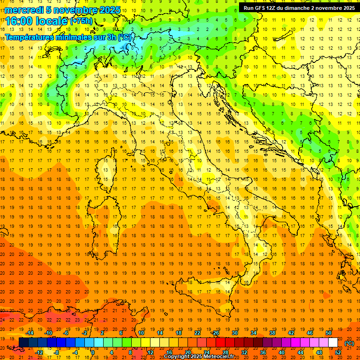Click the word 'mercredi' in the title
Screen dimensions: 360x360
coord(23,10)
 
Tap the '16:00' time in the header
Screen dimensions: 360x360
coord(19,21)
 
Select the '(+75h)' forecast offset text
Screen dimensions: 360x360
coord(81,21)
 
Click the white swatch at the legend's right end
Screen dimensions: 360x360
coord(333,343)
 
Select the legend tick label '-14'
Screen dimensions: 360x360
coord(30,333)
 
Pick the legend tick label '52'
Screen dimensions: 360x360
coord(338,352)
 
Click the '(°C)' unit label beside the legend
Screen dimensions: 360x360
coord(349,343)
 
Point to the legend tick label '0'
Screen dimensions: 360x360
coord(92,352)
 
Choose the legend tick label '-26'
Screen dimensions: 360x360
coord(215,333)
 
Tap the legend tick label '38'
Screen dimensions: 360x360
coord(272,333)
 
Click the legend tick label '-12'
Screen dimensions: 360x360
coord(39,352)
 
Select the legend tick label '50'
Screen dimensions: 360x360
coord(329,333)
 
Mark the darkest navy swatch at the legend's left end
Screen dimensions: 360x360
coord(23,343)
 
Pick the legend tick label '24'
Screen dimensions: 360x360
coord(206,352)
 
